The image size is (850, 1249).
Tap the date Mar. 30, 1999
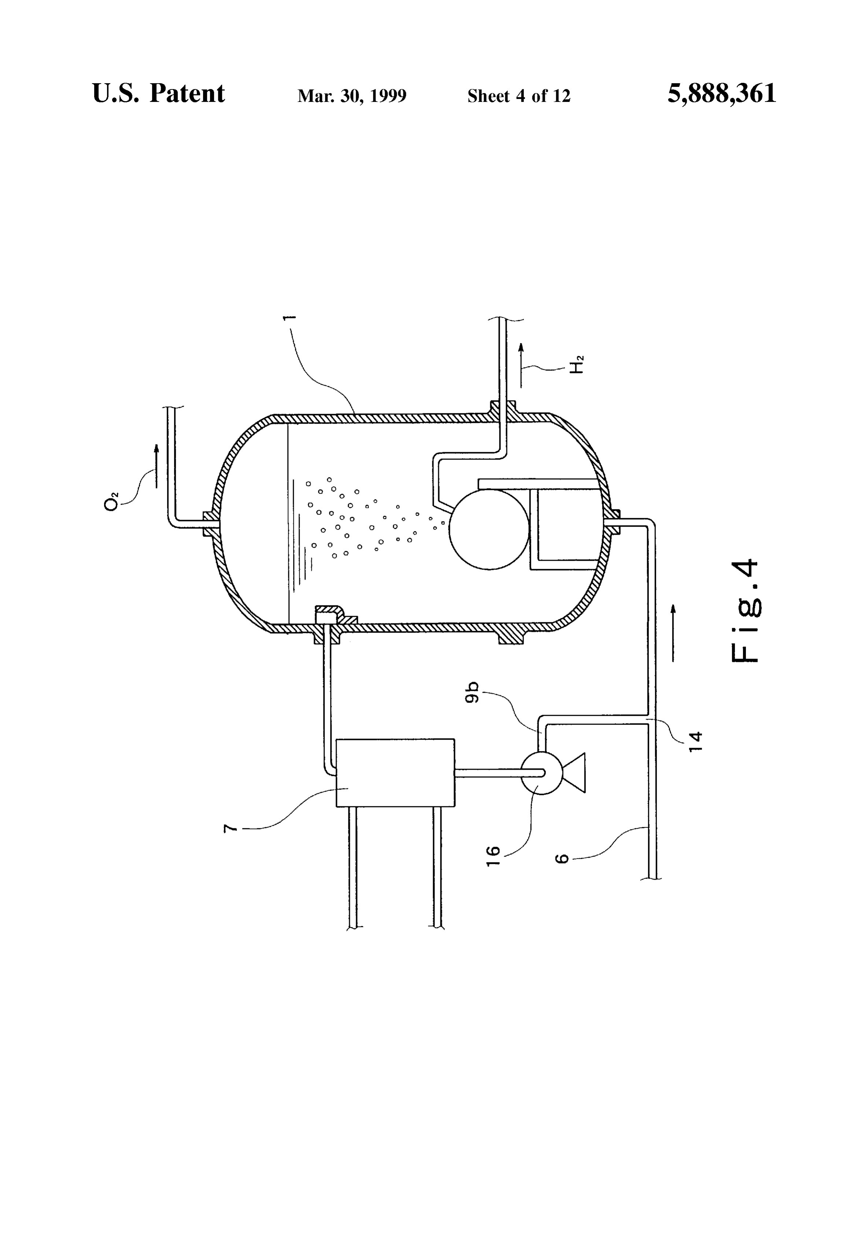tap(352, 96)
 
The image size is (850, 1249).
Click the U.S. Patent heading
tap(159, 93)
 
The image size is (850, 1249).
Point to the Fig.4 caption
tap(745, 611)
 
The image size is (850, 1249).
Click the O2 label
tap(111, 504)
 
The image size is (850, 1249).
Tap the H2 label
tap(576, 365)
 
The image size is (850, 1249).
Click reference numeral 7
tap(230, 828)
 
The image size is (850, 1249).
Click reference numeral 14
tap(696, 742)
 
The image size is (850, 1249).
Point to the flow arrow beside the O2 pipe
tap(156, 466)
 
